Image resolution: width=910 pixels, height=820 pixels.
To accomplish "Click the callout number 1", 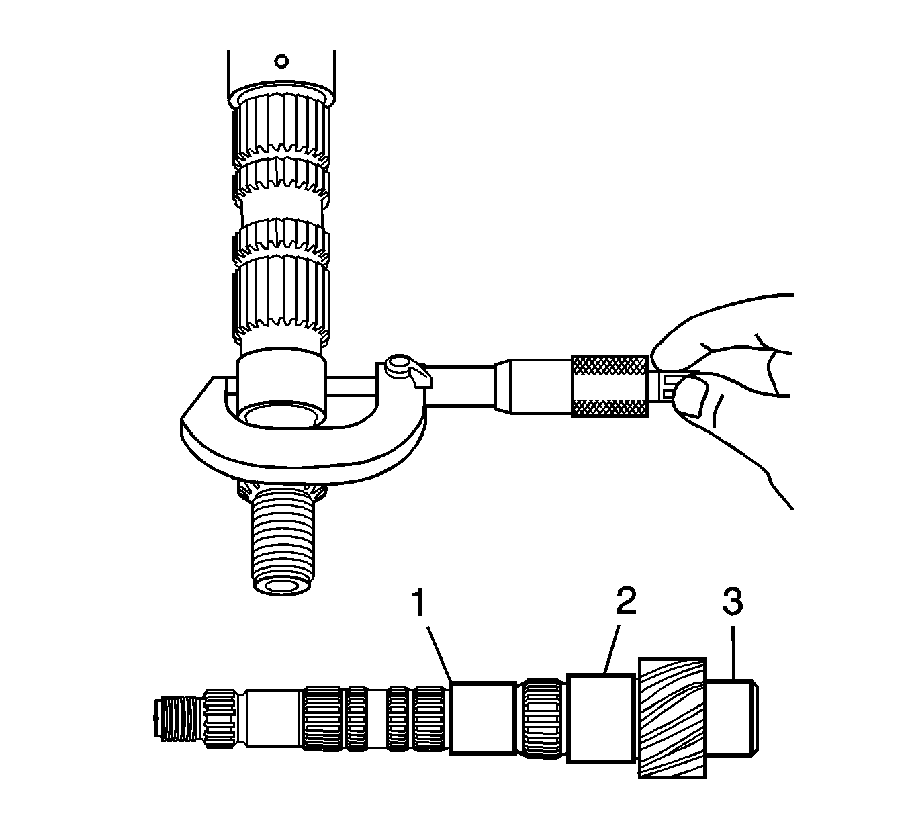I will point(418,604).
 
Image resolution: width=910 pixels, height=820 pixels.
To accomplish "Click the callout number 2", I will point(625,602).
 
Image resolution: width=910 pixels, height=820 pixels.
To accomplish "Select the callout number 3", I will point(733,602).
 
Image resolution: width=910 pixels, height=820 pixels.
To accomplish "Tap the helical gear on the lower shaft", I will point(672,718).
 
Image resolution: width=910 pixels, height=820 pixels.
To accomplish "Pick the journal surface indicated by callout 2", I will point(601,718).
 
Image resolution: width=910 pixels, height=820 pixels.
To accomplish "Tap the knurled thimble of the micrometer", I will point(610,385).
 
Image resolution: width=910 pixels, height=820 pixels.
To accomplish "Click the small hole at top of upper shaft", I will point(282,61).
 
